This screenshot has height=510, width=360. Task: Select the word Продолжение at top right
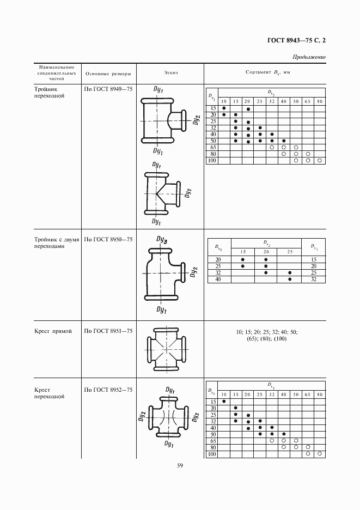[x=309, y=57]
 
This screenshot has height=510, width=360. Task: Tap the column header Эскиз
[x=170, y=72]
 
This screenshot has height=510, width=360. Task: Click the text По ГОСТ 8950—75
[x=108, y=239]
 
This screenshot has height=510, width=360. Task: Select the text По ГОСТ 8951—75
[x=108, y=331]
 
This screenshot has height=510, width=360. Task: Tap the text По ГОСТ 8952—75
[x=108, y=390]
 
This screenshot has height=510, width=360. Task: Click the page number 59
[x=180, y=465]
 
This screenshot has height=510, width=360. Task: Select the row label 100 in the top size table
[x=212, y=161]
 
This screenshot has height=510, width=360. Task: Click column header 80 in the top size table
[x=319, y=101]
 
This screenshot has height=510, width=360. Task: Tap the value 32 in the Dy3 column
[x=313, y=279]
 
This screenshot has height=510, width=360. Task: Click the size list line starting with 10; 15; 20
[x=266, y=331]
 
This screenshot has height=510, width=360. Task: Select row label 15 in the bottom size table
[x=213, y=402]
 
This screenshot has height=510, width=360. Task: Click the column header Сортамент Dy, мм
[x=266, y=72]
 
